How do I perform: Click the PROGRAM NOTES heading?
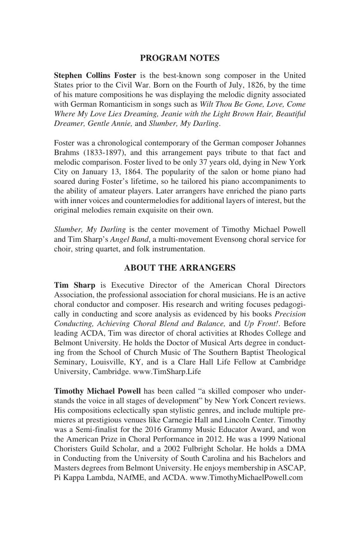click(180, 58)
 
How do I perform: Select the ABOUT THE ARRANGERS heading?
click(180, 268)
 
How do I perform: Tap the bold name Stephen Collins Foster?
click(95, 75)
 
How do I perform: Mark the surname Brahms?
click(66, 153)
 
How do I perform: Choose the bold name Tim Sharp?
click(75, 285)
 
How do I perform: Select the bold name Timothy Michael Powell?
click(97, 391)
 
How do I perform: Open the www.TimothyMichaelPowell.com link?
click(246, 477)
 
